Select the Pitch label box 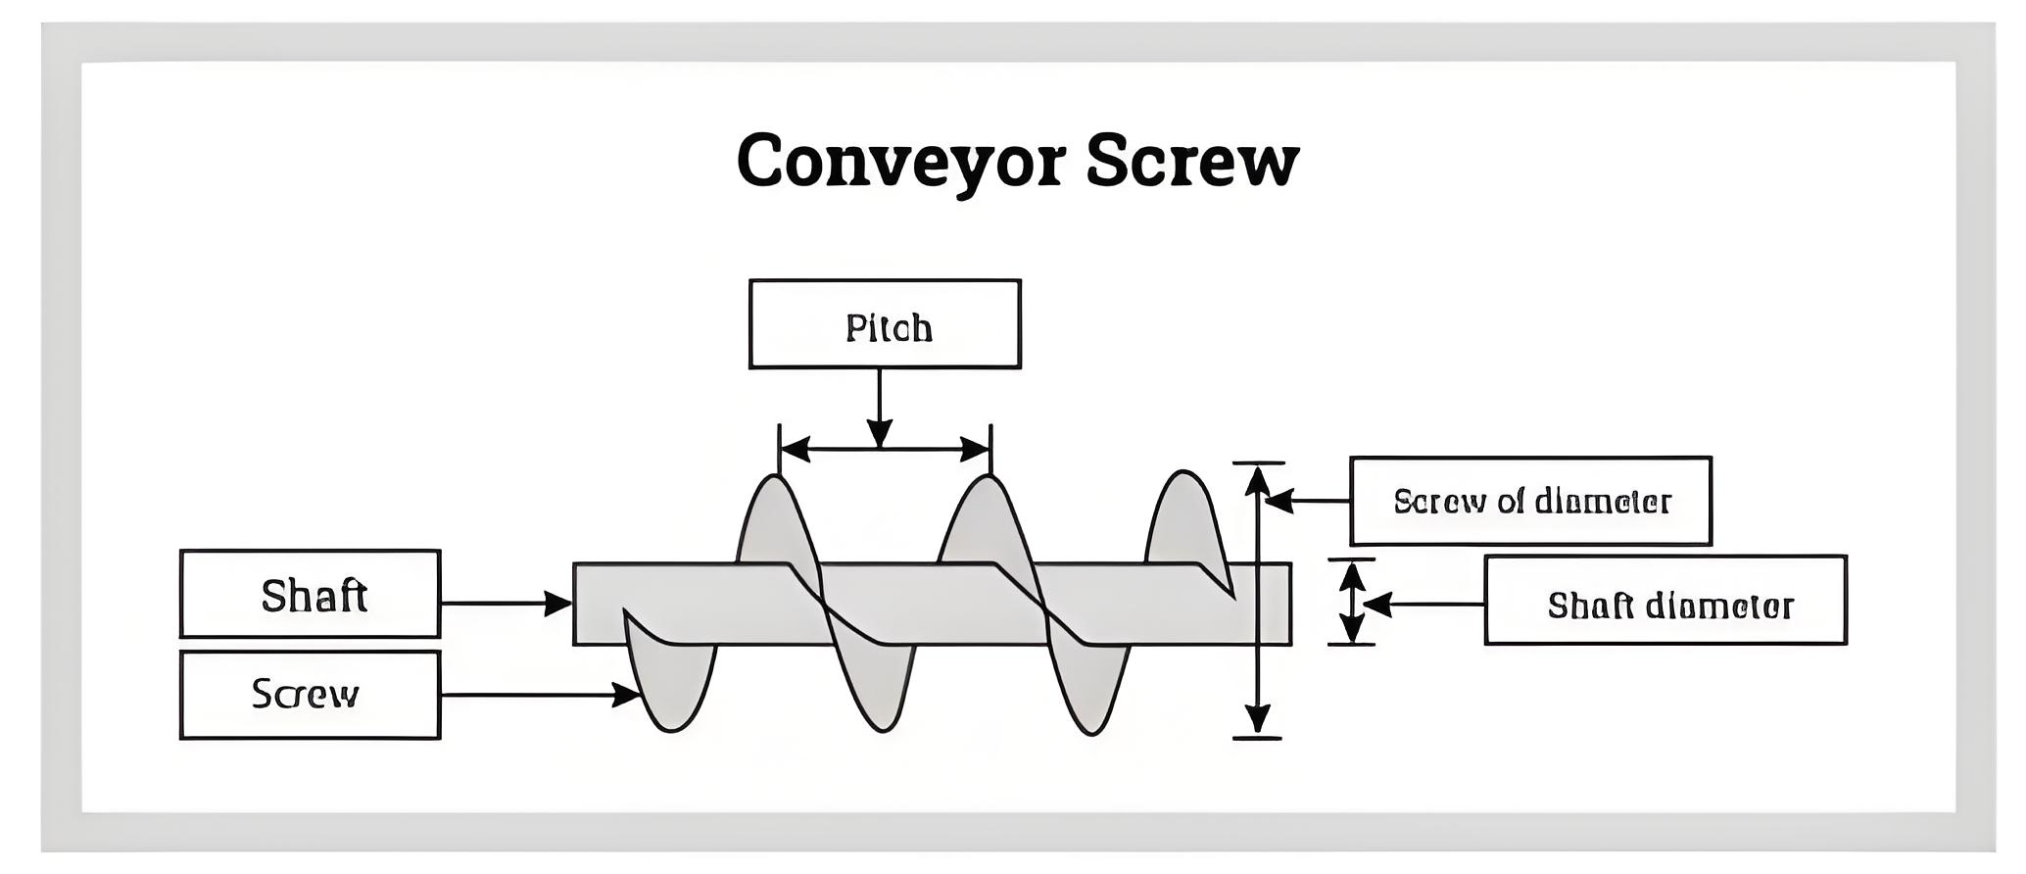click(x=885, y=324)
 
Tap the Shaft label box click(x=310, y=594)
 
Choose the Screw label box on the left click(x=310, y=695)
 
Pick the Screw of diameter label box click(x=1530, y=501)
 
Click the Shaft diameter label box click(x=1665, y=601)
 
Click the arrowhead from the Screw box click(x=628, y=695)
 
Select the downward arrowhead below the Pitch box click(x=880, y=434)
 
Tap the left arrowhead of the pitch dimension click(x=795, y=450)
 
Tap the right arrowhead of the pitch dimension click(x=976, y=450)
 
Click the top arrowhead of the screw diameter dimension click(x=1257, y=479)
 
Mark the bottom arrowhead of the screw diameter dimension click(x=1257, y=720)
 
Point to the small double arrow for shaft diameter click(x=1352, y=602)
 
